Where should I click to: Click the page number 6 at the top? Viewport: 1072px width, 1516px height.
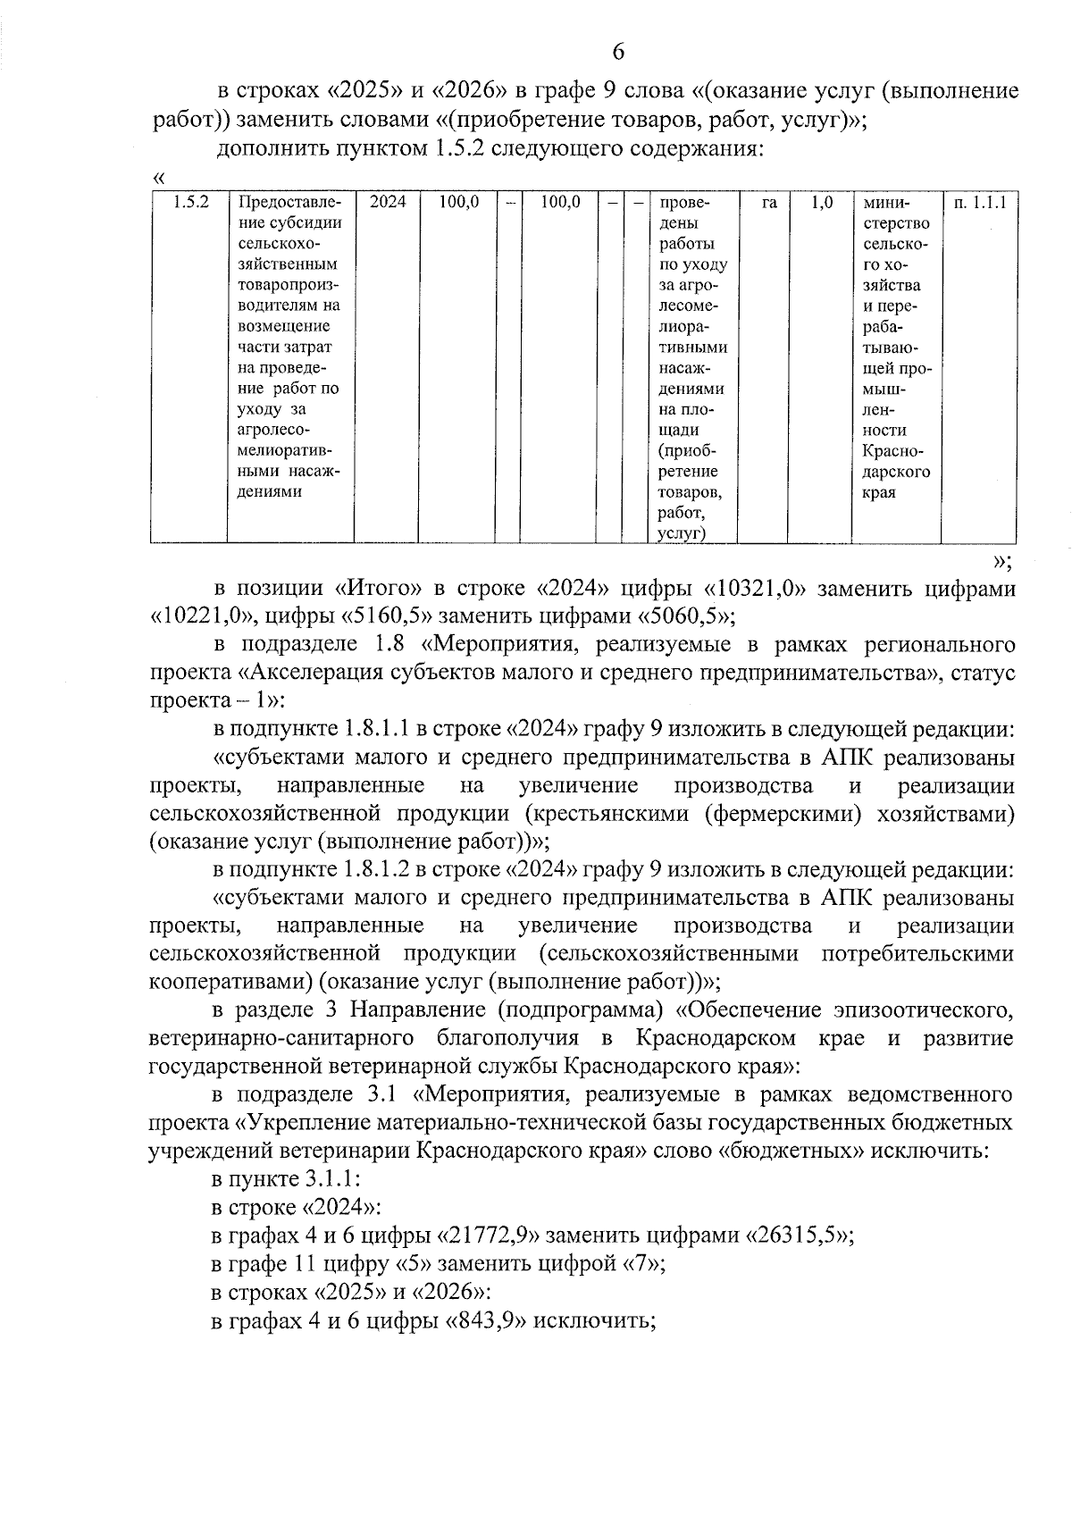click(617, 52)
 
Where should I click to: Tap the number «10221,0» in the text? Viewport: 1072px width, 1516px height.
click(197, 616)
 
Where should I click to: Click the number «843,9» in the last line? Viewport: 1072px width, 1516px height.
click(488, 1320)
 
